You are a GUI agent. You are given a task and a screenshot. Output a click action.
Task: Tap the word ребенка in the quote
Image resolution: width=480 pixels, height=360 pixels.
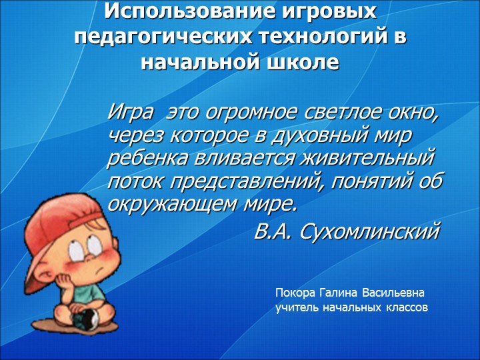(145, 159)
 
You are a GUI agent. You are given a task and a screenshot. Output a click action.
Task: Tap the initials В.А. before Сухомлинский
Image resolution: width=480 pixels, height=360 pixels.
(274, 231)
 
